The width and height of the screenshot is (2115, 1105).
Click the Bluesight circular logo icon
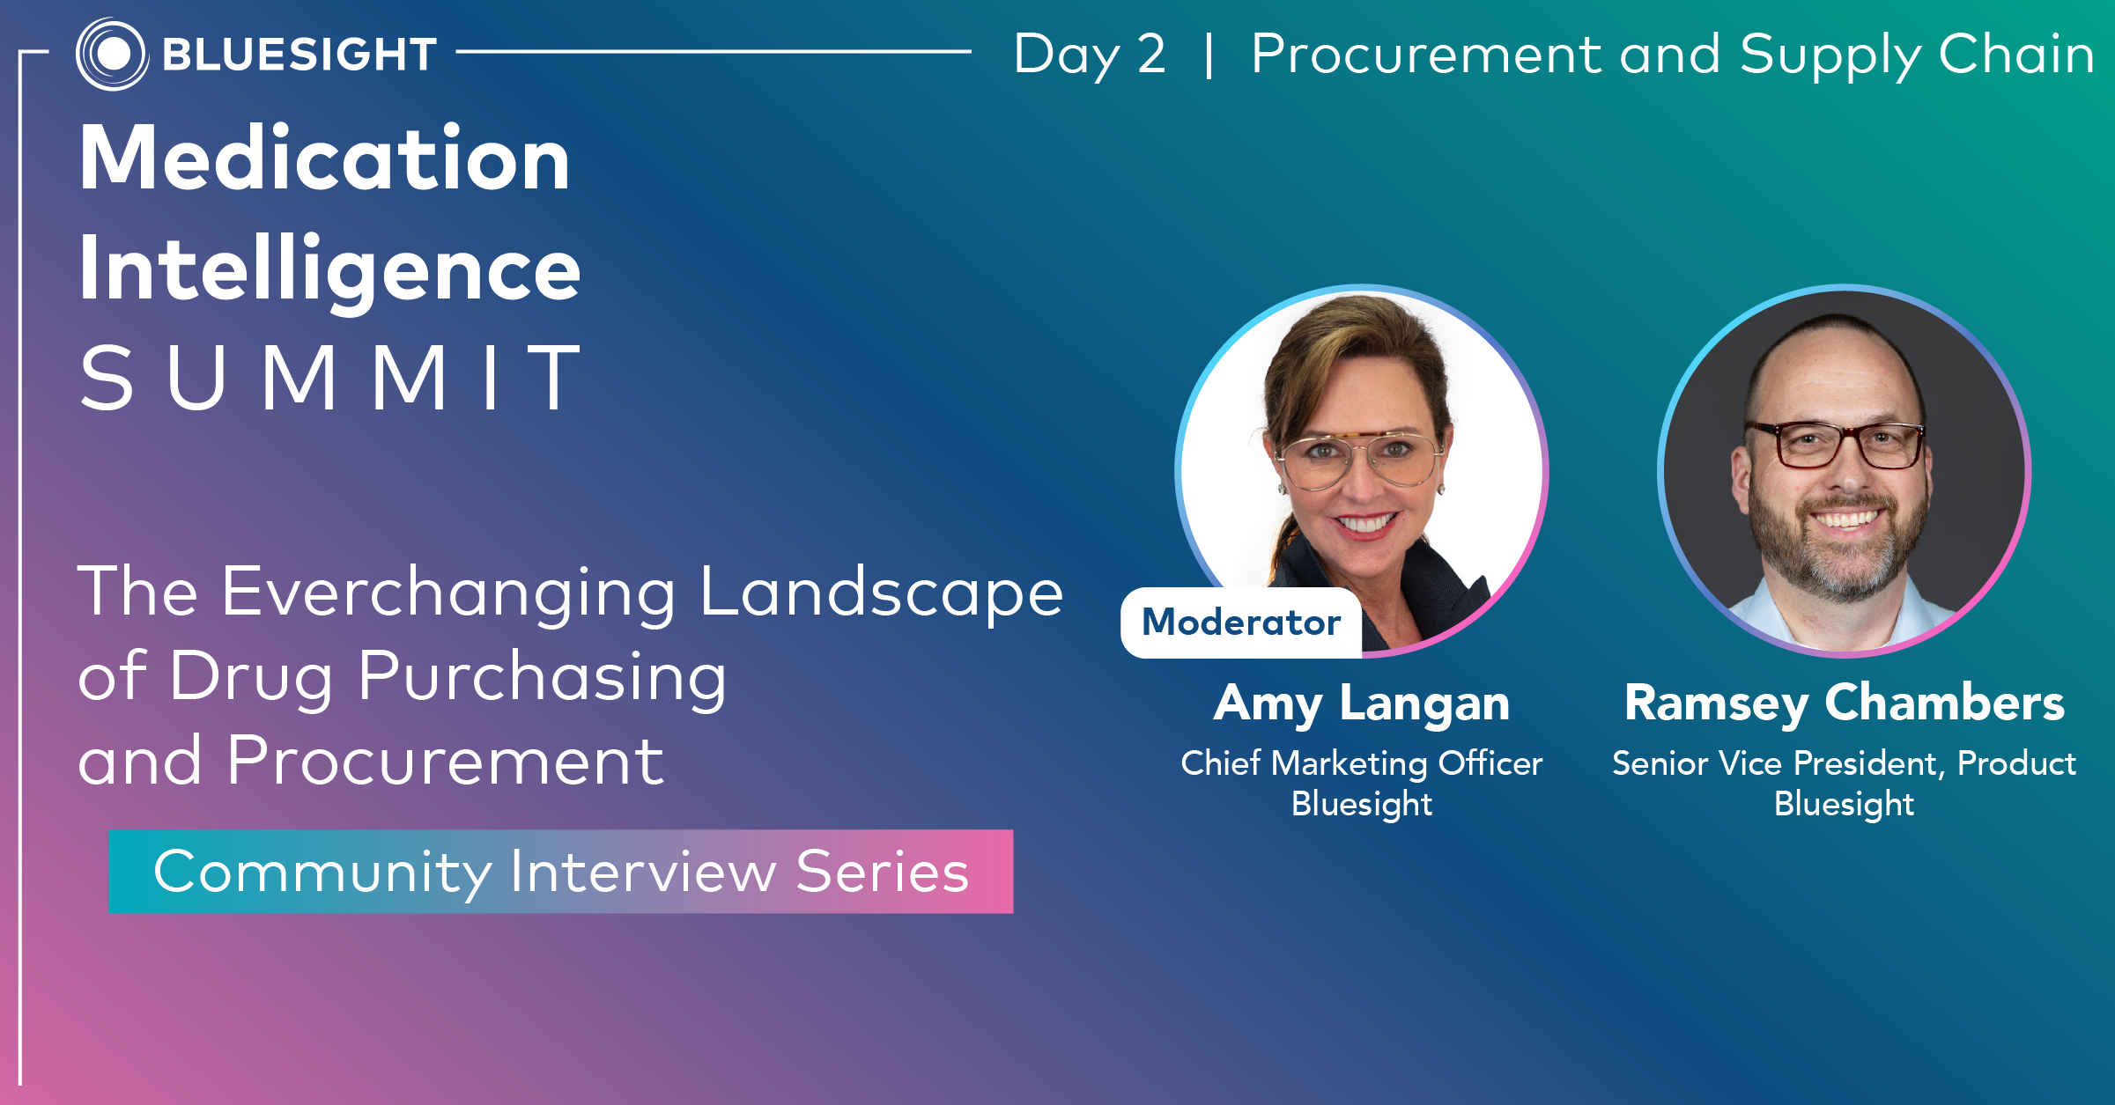click(112, 54)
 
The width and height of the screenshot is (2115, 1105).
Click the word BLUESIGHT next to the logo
click(300, 55)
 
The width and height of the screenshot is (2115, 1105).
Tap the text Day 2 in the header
click(1090, 55)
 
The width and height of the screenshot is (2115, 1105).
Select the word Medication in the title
click(325, 158)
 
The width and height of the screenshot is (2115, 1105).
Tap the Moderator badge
click(1241, 622)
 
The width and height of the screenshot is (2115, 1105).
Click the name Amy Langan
click(1362, 704)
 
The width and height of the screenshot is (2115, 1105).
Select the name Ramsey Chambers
click(1845, 704)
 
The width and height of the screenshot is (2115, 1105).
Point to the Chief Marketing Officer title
click(1362, 763)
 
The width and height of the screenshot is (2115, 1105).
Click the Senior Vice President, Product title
click(1845, 763)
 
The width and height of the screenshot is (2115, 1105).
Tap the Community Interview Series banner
click(561, 872)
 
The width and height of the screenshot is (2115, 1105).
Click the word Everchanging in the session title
click(450, 593)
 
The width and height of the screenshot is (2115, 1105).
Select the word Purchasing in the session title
click(543, 677)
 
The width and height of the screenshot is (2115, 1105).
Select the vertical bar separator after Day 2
click(1209, 55)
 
